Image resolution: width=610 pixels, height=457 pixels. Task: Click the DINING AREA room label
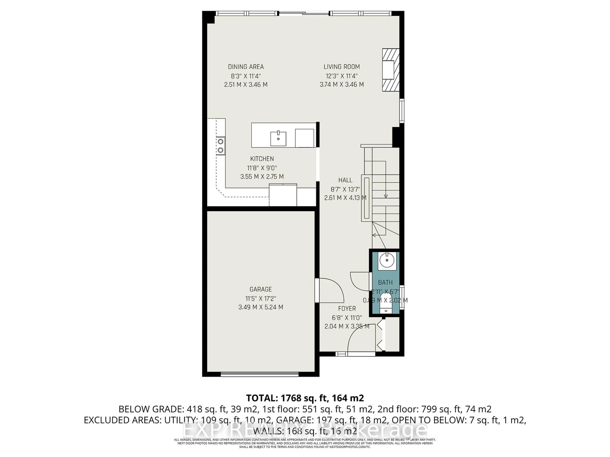tap(246, 67)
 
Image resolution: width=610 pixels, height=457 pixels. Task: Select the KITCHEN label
tap(262, 159)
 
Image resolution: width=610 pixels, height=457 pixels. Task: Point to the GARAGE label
tap(261, 289)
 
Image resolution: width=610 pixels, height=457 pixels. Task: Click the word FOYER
tap(347, 308)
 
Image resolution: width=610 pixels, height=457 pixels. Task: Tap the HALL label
tap(345, 180)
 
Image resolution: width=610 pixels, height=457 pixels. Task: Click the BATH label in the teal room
tap(385, 282)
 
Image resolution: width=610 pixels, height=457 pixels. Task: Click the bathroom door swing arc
tap(359, 281)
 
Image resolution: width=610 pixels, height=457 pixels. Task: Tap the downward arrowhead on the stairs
tap(386, 196)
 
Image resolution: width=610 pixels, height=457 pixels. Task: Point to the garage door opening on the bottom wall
tap(260, 374)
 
